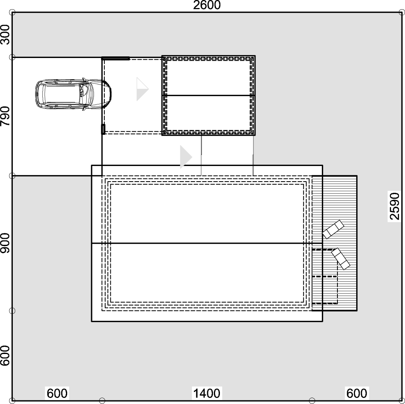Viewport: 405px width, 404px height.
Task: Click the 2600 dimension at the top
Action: point(207,5)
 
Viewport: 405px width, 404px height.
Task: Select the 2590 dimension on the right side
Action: point(395,206)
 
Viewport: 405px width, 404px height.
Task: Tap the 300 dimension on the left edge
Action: point(5,35)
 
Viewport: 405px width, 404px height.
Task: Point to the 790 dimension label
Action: point(5,116)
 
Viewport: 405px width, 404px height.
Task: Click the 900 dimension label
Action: point(5,243)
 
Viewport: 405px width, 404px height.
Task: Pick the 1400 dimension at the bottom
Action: point(207,394)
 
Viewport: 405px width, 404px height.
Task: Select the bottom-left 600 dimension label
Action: point(57,394)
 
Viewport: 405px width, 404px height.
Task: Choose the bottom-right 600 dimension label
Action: point(357,394)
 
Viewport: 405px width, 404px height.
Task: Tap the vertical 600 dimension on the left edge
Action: point(5,356)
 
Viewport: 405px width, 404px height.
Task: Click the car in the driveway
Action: point(74,94)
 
